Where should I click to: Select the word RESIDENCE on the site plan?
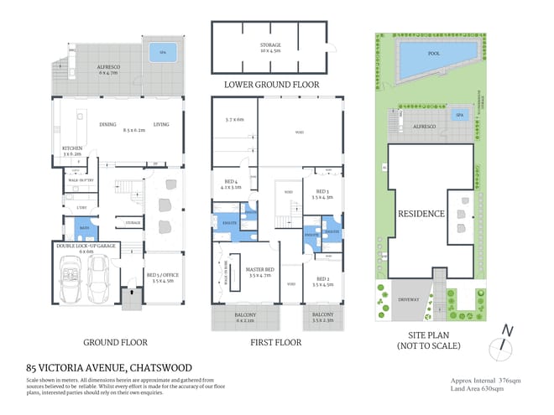point(421,214)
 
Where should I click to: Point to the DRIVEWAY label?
point(409,297)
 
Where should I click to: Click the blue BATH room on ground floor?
point(85,226)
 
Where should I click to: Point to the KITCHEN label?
point(71,148)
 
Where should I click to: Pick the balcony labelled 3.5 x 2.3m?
point(323,318)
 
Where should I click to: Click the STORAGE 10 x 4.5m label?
point(269,46)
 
